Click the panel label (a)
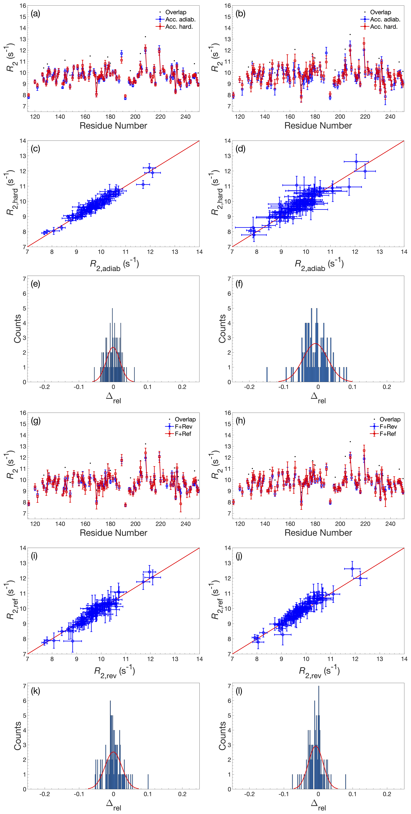(x=35, y=14)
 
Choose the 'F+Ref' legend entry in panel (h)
(x=388, y=434)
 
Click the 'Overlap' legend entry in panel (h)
(x=390, y=419)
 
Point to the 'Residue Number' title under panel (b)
(x=318, y=126)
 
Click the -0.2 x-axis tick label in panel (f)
(x=249, y=387)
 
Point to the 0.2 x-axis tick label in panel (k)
(x=182, y=794)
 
